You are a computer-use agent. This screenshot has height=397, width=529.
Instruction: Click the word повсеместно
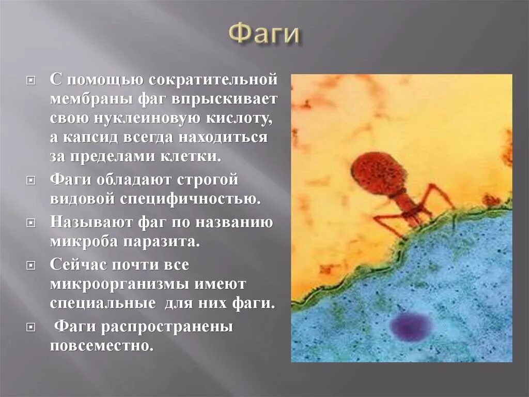pos(102,345)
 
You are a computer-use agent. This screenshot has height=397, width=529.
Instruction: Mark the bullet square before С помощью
pos(32,81)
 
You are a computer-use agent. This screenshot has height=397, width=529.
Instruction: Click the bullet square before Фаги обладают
pos(32,181)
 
